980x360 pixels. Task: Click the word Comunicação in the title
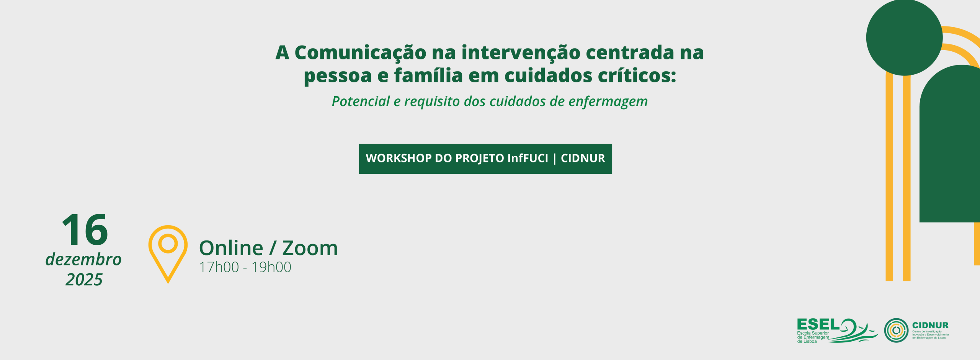[x=360, y=53]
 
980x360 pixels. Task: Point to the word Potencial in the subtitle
[x=361, y=101]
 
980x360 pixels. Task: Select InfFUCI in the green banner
[x=528, y=159]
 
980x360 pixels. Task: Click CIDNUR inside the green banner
[x=583, y=159]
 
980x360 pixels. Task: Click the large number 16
[x=85, y=230]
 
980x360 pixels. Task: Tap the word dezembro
[x=83, y=260]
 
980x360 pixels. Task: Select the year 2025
[x=84, y=280]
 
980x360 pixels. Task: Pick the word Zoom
[x=310, y=248]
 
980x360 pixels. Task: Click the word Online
[x=231, y=248]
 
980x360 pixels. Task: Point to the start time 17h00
[x=219, y=267]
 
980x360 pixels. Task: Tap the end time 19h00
[x=271, y=267]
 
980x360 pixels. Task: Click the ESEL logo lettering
[x=818, y=325]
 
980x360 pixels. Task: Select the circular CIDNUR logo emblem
[x=896, y=331]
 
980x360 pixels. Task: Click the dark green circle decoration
[x=904, y=37]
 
